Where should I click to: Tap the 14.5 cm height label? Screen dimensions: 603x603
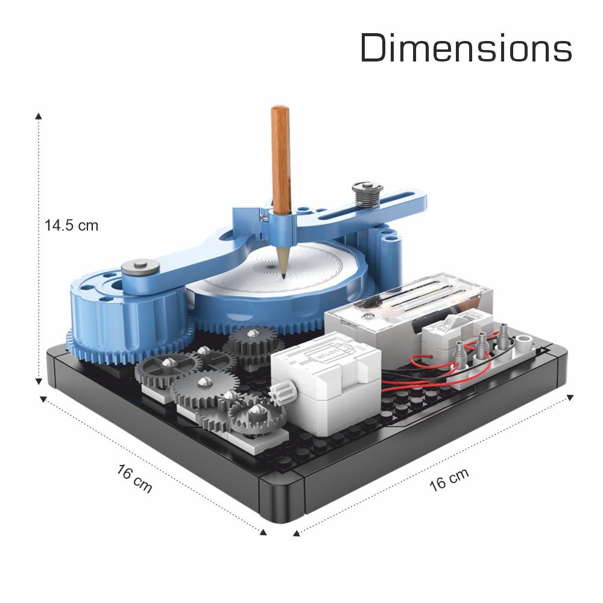click(x=72, y=226)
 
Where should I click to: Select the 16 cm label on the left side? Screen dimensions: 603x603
click(x=134, y=478)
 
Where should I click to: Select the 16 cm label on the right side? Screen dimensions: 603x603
click(x=449, y=479)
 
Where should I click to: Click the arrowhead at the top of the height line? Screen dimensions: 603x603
click(x=39, y=116)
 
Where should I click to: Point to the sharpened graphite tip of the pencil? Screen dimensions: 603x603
click(x=283, y=276)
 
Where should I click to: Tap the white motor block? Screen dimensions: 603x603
click(x=326, y=379)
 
